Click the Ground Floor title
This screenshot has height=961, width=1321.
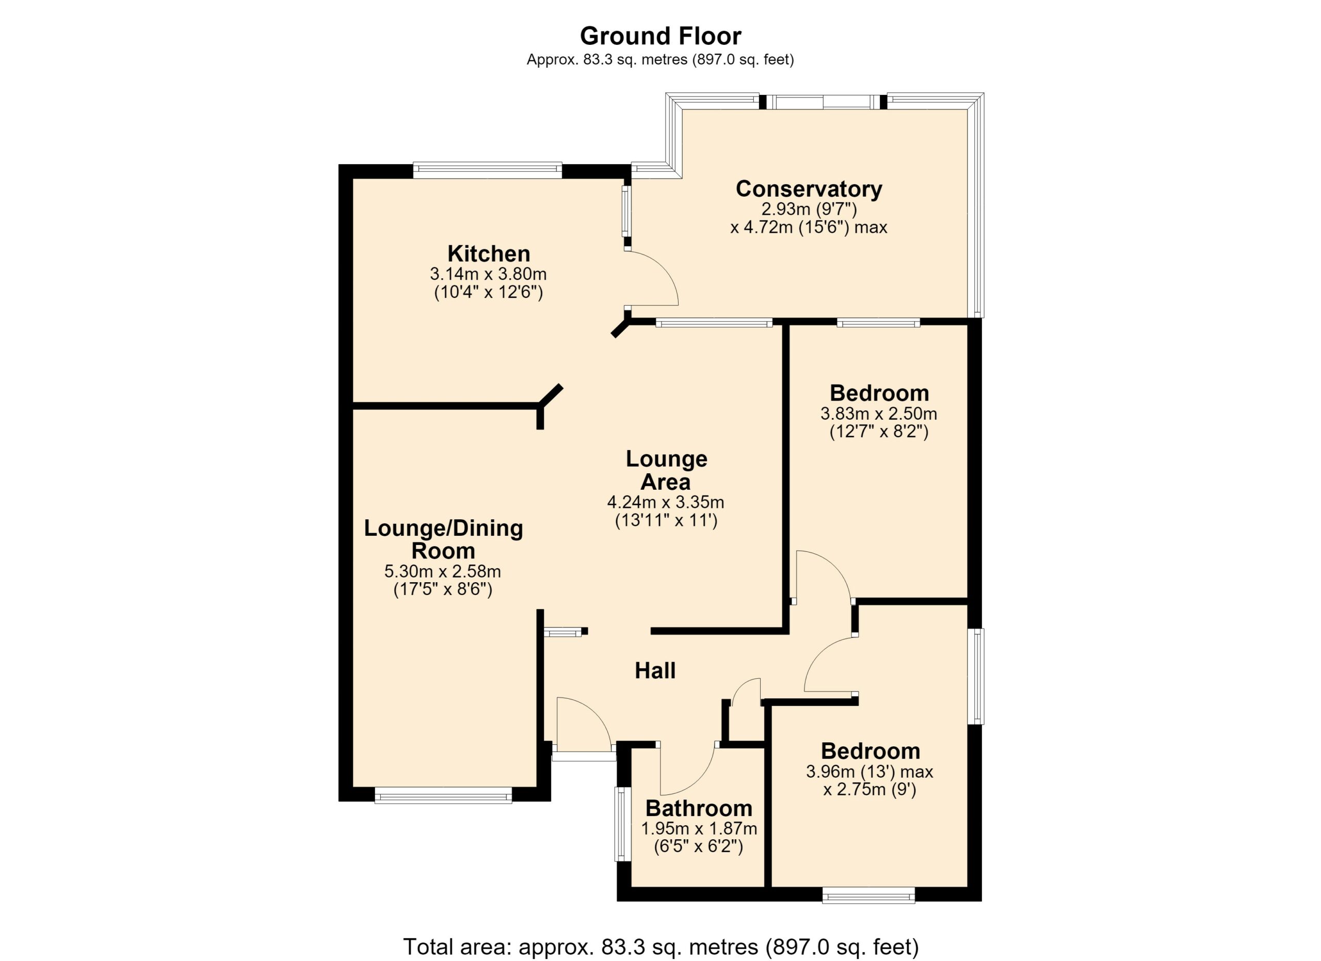(x=660, y=36)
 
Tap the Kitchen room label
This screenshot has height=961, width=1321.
(x=489, y=254)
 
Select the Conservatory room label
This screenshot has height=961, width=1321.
(x=809, y=189)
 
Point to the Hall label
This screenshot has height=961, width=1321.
(x=655, y=670)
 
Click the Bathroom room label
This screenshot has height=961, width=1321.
(x=699, y=808)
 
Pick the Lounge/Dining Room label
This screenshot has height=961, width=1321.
(x=443, y=539)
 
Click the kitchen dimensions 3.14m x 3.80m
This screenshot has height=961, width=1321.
(x=488, y=274)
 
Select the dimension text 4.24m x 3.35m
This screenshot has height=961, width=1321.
(x=666, y=502)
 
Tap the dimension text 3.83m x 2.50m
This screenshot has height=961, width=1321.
(x=879, y=414)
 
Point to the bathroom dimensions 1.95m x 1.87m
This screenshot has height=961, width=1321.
(x=699, y=828)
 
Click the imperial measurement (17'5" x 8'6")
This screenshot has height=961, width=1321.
(x=443, y=589)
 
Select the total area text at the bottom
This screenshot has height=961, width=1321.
(x=661, y=947)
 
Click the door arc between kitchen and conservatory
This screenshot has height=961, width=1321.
(x=665, y=268)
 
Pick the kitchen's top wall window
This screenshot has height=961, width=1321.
(x=488, y=171)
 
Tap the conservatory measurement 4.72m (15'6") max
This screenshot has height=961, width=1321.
(x=809, y=227)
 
